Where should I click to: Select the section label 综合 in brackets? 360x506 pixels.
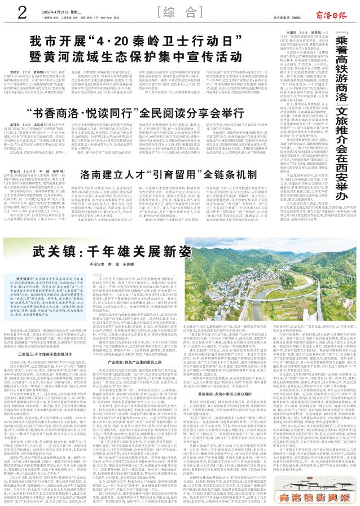pyautogui.click(x=180, y=11)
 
